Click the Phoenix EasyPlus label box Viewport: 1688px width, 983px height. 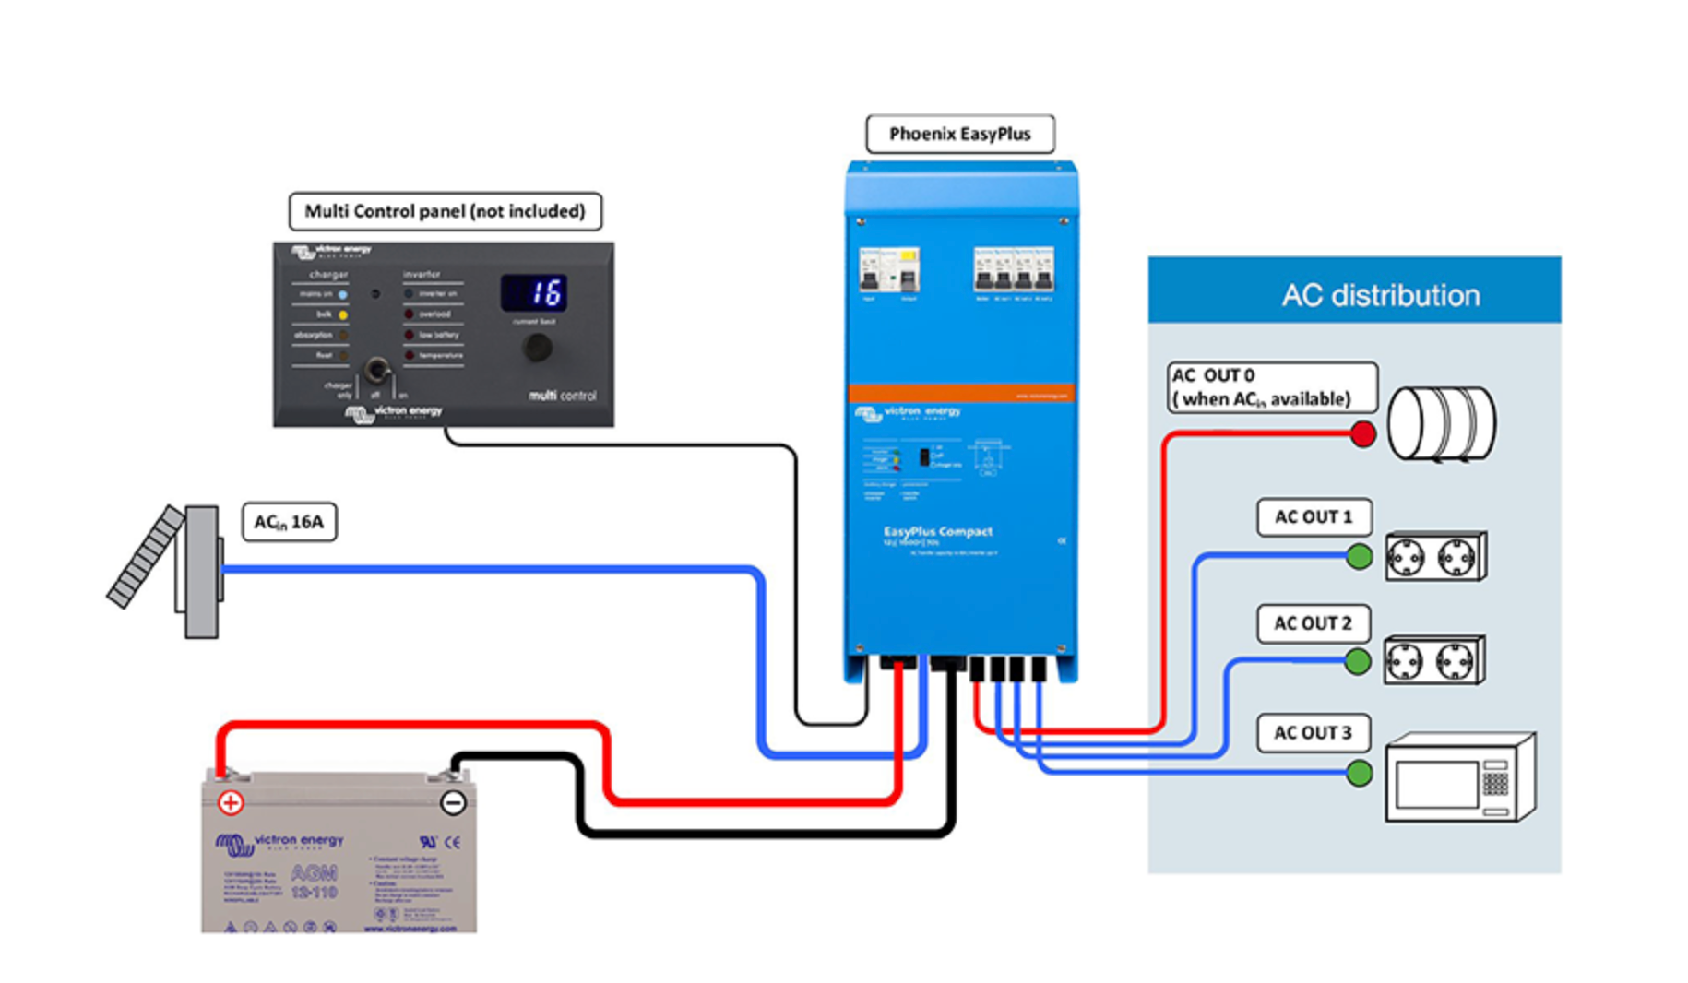[959, 134]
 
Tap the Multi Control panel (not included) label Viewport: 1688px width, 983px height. [445, 211]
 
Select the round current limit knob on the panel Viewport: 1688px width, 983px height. [537, 348]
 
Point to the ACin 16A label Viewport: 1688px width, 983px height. [289, 522]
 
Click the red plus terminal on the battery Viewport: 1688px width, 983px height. [231, 802]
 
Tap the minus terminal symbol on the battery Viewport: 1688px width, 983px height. [453, 802]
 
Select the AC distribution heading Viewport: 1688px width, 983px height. [1380, 295]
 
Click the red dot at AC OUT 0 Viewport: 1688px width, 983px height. [1362, 433]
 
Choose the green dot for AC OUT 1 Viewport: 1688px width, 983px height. [1359, 556]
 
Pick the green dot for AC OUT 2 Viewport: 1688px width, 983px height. [1358, 661]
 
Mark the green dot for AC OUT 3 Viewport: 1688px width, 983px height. [1359, 773]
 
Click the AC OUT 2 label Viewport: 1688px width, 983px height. [1313, 624]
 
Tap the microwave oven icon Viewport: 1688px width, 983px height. [1459, 777]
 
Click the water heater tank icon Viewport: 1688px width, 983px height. [1442, 423]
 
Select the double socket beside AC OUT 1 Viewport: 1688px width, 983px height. [1435, 557]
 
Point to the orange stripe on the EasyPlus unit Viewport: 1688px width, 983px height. [960, 393]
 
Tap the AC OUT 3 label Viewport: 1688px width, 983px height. [1313, 733]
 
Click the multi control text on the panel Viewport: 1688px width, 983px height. [563, 396]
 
